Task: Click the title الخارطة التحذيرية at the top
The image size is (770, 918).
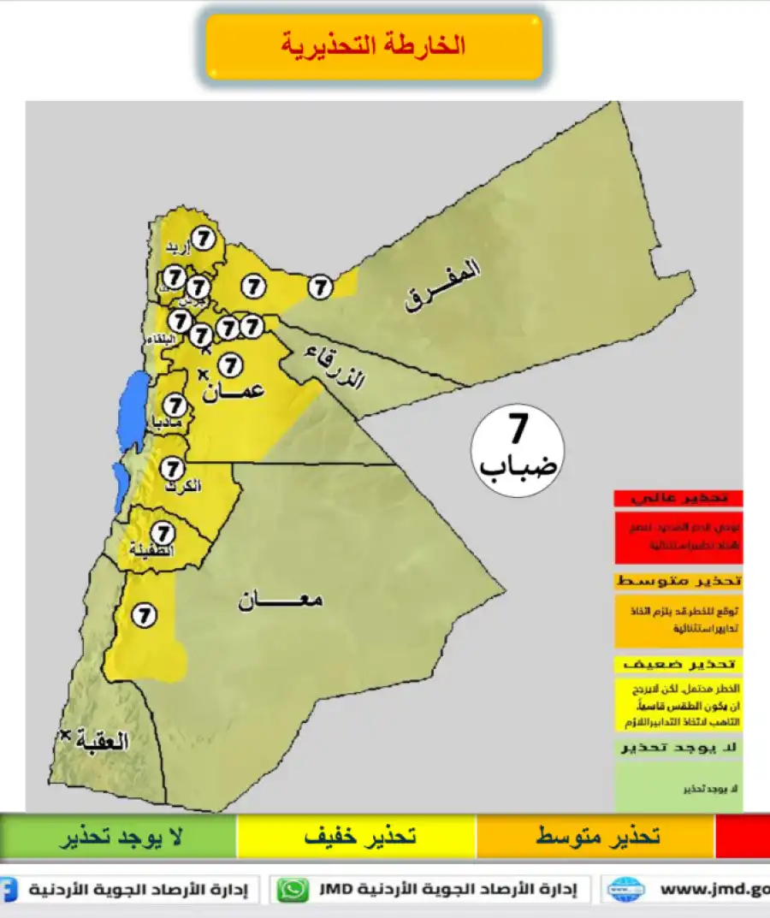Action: click(x=374, y=46)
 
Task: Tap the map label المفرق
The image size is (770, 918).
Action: click(x=443, y=287)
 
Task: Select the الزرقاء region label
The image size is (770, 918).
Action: click(x=335, y=367)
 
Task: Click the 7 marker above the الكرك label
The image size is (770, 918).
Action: click(x=173, y=469)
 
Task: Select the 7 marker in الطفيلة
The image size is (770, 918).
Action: click(x=162, y=533)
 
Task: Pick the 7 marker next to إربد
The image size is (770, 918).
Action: click(x=203, y=239)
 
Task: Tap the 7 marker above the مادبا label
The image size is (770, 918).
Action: click(x=175, y=406)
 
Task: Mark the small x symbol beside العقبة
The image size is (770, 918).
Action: click(x=64, y=735)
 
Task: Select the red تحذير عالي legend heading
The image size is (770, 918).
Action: click(x=678, y=498)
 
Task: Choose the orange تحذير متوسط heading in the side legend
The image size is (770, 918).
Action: click(x=678, y=581)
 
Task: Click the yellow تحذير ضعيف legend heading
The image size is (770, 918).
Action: click(x=678, y=664)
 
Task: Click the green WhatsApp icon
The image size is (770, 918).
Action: click(x=293, y=890)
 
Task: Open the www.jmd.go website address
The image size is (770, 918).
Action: click(x=712, y=890)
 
